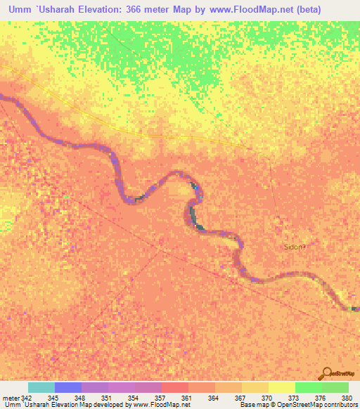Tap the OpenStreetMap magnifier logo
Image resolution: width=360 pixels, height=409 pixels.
[x=328, y=373]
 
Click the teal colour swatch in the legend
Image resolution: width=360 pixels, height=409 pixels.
[x=41, y=387]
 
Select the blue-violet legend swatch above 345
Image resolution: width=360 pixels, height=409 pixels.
[x=68, y=387]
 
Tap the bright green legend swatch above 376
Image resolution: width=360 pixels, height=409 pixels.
[x=309, y=387]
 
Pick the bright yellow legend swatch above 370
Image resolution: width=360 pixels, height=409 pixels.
[x=282, y=387]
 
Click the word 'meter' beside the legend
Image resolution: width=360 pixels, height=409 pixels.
[x=11, y=398]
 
